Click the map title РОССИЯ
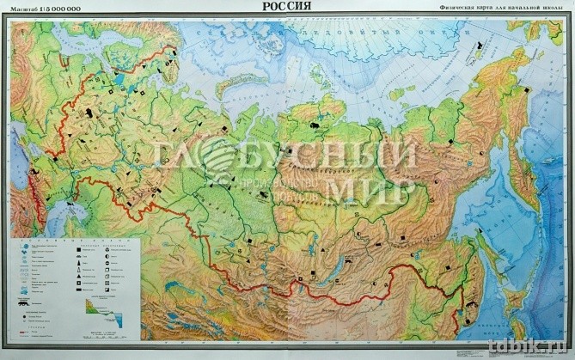287,7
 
